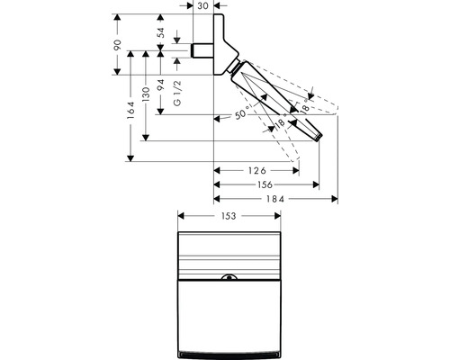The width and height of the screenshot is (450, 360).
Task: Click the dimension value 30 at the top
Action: pyautogui.click(x=203, y=5)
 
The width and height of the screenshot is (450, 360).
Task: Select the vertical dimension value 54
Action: pyautogui.click(x=161, y=32)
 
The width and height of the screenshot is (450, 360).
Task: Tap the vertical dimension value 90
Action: pyautogui.click(x=117, y=44)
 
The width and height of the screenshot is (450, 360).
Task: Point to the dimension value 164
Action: pyautogui.click(x=130, y=110)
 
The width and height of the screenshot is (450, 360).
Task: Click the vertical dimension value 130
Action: pyautogui.click(x=146, y=94)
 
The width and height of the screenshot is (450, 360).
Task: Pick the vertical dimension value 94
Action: pyautogui.click(x=161, y=85)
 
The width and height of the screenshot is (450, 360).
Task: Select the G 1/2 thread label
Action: pyautogui.click(x=177, y=94)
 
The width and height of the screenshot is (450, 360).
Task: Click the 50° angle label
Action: pyautogui.click(x=241, y=112)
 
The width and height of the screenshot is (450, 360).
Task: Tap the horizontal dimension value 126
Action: pyautogui.click(x=257, y=171)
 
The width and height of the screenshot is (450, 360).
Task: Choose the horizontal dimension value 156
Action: pyautogui.click(x=265, y=184)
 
